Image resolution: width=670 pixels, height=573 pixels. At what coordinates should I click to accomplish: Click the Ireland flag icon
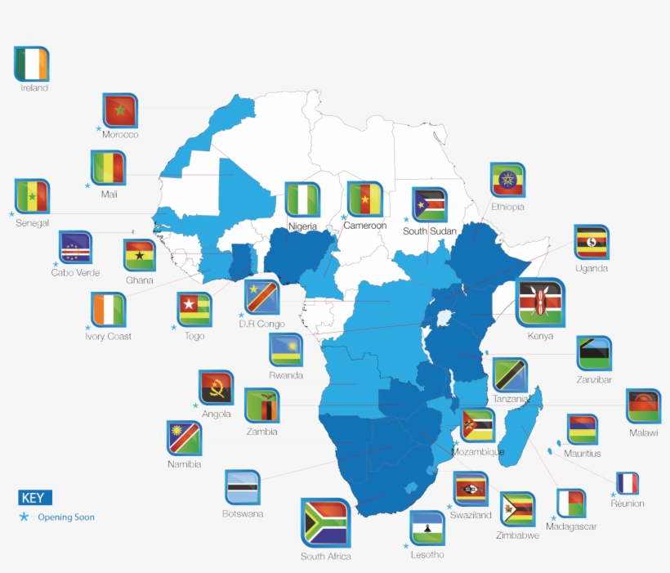(32, 64)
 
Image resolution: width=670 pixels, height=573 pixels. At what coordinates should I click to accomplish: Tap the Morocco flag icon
(120, 110)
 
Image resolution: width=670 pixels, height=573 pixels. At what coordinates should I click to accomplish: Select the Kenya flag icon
(539, 303)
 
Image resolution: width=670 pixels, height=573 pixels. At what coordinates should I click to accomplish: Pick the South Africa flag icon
(325, 523)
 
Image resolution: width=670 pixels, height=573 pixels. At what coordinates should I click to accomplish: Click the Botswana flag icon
(242, 487)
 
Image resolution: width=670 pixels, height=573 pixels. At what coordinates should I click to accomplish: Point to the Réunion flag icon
(628, 483)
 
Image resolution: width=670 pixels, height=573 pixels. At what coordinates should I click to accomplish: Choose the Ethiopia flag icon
(507, 181)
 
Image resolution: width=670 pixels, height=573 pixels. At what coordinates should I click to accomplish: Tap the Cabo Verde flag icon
(75, 248)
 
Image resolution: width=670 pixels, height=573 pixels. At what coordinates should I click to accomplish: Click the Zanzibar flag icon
(593, 353)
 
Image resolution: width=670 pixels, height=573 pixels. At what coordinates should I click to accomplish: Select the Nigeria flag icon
(302, 199)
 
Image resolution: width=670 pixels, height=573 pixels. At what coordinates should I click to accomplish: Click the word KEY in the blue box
(33, 498)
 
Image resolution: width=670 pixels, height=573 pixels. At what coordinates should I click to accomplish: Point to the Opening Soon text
(65, 517)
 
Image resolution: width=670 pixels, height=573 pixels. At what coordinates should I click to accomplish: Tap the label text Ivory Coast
(108, 337)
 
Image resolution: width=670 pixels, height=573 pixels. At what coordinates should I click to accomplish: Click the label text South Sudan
(430, 231)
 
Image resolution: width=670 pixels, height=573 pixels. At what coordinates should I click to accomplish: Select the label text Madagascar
(573, 527)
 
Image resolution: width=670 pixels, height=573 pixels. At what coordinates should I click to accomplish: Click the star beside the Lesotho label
(406, 545)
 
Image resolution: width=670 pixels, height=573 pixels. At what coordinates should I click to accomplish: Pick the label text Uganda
(592, 268)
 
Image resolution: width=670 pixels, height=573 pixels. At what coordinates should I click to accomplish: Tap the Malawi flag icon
(643, 406)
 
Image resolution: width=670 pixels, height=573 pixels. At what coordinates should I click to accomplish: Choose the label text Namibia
(184, 464)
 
